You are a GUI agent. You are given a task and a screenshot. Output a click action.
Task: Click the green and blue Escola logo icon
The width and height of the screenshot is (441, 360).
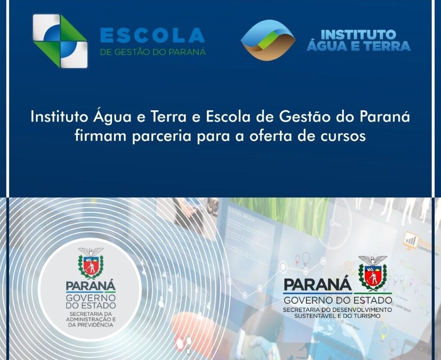click(x=59, y=41)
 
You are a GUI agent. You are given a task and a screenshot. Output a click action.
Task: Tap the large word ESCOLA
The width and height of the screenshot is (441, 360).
click(x=153, y=35)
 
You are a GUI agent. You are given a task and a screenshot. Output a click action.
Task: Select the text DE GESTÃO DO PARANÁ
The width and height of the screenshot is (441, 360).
click(x=153, y=52)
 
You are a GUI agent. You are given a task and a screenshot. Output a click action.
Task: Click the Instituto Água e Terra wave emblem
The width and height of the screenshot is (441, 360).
click(x=268, y=40)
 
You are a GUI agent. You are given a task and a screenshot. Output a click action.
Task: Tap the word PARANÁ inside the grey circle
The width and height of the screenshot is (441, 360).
click(x=90, y=286)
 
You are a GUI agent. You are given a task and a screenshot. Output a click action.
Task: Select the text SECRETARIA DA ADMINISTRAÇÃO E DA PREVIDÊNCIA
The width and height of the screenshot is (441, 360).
click(x=90, y=319)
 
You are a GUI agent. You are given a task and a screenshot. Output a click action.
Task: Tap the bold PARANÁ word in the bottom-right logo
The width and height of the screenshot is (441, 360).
click(x=318, y=284)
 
